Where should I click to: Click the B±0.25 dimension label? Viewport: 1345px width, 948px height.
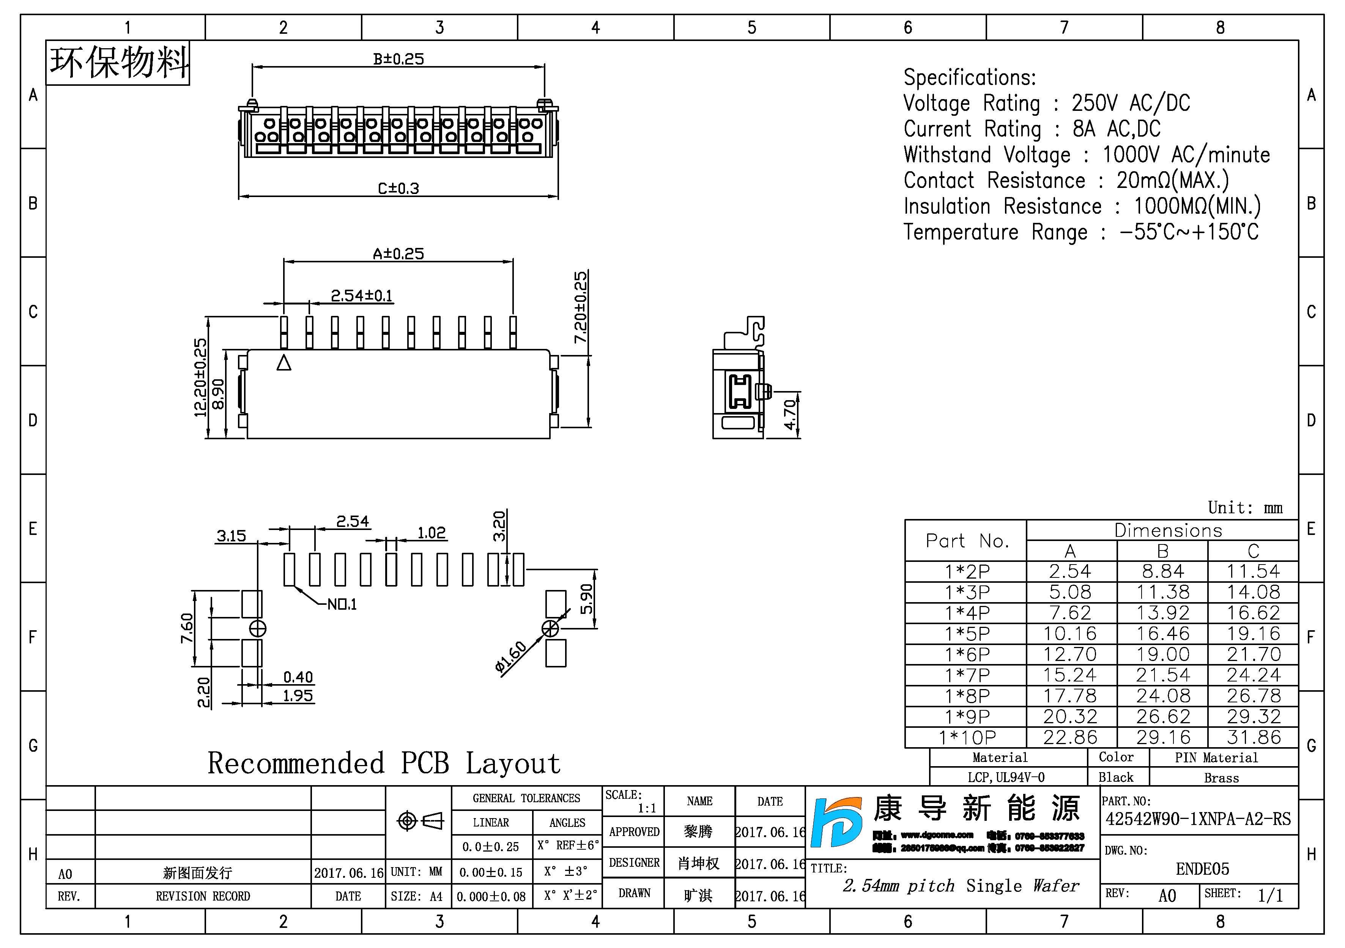(398, 59)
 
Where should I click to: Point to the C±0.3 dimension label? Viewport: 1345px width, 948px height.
(398, 189)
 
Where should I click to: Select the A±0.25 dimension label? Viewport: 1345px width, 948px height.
(398, 254)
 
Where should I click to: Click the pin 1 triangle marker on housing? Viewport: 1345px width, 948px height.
(284, 363)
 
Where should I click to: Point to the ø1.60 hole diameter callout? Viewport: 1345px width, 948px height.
(511, 658)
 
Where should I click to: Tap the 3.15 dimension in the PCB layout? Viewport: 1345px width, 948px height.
(232, 536)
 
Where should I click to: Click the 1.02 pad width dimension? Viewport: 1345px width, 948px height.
(432, 533)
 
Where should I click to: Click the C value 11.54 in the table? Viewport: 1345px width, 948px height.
(1253, 571)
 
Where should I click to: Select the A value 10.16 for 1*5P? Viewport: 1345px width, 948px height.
(1070, 633)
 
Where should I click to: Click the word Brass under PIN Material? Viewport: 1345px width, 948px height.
(1221, 778)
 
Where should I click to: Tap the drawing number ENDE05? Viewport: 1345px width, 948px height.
(1202, 869)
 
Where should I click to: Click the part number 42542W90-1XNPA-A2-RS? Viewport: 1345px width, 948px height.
(1198, 819)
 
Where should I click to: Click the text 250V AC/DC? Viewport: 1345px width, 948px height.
(1131, 103)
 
